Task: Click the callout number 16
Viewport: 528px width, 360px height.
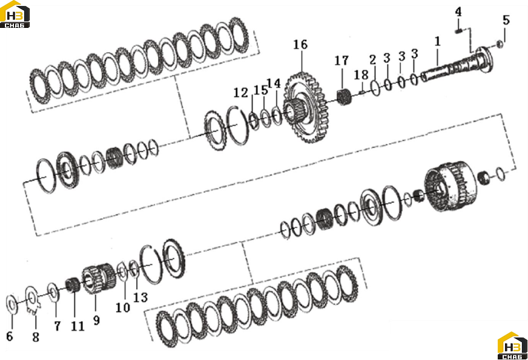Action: [300, 44]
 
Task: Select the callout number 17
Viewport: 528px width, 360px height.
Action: [341, 61]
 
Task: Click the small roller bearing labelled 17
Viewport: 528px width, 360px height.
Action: [345, 97]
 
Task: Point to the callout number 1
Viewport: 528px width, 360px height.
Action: [437, 41]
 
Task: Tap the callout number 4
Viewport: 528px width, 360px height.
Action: [458, 12]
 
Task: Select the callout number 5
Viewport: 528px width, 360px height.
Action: [506, 20]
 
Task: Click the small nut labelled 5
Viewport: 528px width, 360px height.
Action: [500, 44]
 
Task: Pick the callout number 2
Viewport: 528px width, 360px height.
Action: [372, 60]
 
